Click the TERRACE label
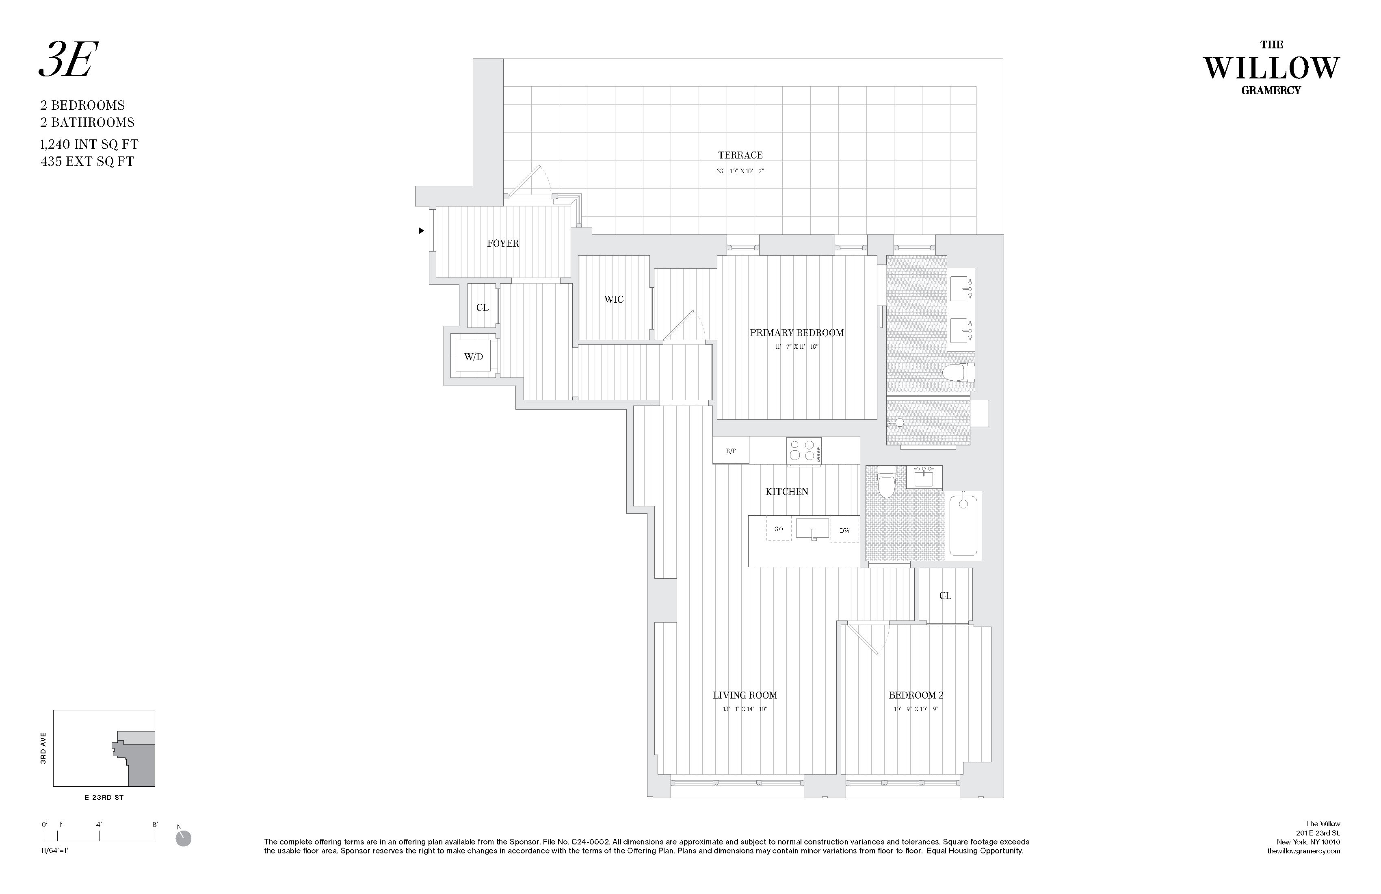pyautogui.click(x=740, y=155)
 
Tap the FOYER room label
pyautogui.click(x=502, y=243)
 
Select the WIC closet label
pyautogui.click(x=613, y=299)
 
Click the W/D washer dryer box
pyautogui.click(x=474, y=356)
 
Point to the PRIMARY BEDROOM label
pyautogui.click(x=796, y=333)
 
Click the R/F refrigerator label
pyautogui.click(x=731, y=451)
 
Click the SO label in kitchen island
pyautogui.click(x=779, y=529)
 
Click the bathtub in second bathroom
pyautogui.click(x=963, y=525)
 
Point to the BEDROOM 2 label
pyautogui.click(x=916, y=695)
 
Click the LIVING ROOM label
pyautogui.click(x=745, y=695)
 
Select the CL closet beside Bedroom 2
pyautogui.click(x=945, y=596)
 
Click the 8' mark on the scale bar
pyautogui.click(x=155, y=825)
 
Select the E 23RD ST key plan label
pyautogui.click(x=104, y=797)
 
